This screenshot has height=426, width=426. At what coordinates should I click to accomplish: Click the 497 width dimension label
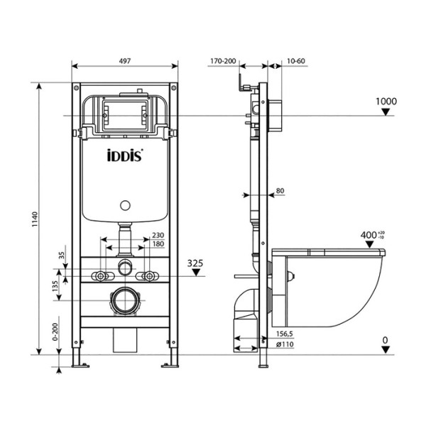(125, 62)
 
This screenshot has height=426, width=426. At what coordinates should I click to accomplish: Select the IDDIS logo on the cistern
(126, 155)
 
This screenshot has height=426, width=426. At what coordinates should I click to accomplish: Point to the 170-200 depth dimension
(223, 62)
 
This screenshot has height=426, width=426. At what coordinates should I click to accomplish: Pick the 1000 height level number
(386, 102)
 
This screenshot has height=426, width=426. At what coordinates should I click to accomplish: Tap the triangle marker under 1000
(386, 113)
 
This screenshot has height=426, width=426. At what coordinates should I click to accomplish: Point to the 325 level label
(197, 263)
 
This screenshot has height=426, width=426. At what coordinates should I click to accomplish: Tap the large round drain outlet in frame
(126, 301)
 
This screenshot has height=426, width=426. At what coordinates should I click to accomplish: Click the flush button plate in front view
(126, 112)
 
